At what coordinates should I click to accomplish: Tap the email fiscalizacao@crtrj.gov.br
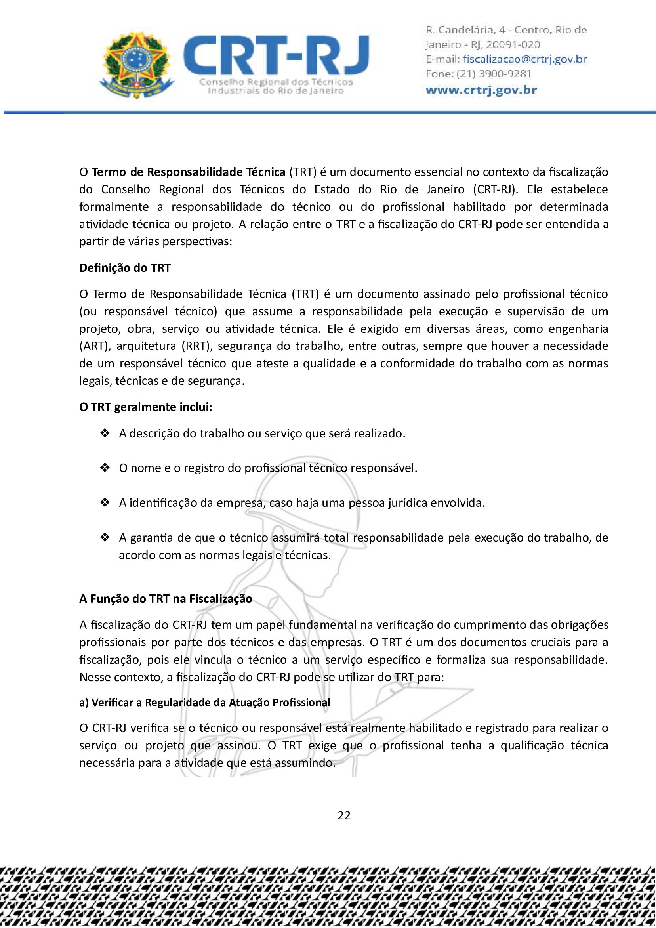click(x=524, y=59)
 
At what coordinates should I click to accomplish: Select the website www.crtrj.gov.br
click(x=481, y=90)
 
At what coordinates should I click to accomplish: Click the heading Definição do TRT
click(x=125, y=268)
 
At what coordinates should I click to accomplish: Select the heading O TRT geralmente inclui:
click(x=145, y=407)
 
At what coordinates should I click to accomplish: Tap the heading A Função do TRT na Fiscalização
click(x=166, y=599)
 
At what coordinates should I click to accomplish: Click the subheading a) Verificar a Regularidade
click(x=205, y=703)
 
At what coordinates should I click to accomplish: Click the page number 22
click(x=344, y=815)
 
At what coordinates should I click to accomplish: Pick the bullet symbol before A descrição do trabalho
click(x=105, y=433)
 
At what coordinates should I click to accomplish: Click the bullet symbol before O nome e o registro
click(x=105, y=468)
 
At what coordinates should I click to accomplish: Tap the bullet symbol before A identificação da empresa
click(x=105, y=503)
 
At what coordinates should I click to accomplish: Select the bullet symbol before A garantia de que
click(x=105, y=538)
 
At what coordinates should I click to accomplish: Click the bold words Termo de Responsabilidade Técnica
click(x=189, y=172)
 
